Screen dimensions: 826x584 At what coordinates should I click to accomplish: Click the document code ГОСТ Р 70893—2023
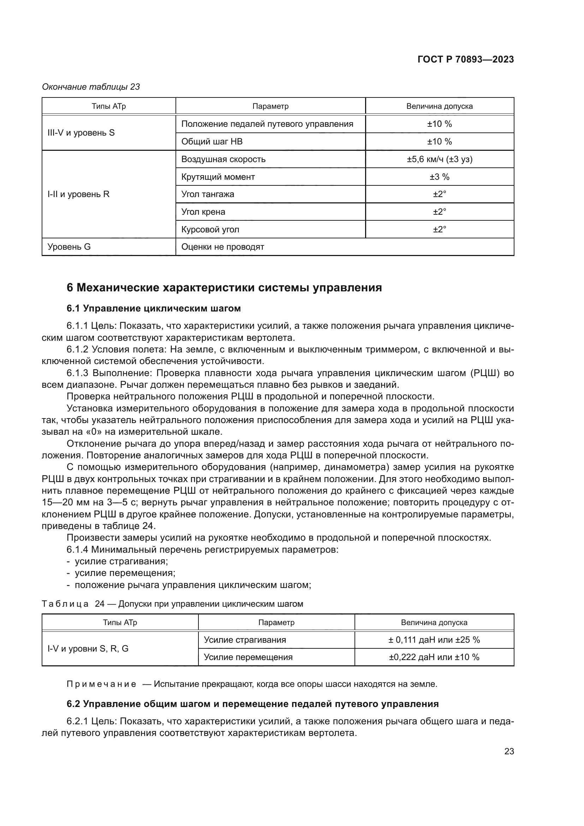coord(465,60)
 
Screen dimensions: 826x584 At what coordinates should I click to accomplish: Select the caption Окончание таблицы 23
coord(91,87)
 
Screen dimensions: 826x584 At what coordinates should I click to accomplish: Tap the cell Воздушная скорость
coord(223,159)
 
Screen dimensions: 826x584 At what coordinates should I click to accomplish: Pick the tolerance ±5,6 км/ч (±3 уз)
coord(440,159)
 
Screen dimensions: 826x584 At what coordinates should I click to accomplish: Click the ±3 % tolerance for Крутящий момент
coord(440,177)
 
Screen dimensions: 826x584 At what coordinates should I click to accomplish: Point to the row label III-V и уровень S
coord(81,133)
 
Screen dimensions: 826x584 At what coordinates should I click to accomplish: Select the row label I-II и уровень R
coord(78,194)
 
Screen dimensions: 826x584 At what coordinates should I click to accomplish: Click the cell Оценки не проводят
coord(222,247)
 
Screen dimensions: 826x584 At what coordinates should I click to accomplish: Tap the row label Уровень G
coord(69,247)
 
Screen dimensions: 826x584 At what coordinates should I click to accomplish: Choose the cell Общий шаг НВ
coord(212,142)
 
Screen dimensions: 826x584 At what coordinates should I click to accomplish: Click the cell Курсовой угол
coord(210,230)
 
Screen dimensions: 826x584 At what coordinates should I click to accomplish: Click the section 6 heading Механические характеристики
coord(224,288)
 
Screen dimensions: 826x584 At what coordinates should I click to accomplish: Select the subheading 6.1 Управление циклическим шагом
coord(154,309)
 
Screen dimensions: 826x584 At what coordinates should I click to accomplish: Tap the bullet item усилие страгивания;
coord(121,561)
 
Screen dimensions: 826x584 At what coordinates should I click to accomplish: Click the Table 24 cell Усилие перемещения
coord(248,657)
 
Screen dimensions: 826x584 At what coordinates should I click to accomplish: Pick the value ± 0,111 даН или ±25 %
coord(434,640)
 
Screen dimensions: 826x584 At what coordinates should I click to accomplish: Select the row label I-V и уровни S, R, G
coord(88,649)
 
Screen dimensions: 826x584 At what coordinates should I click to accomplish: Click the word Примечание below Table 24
coord(101,684)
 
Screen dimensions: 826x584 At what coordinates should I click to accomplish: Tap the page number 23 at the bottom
coord(509,751)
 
